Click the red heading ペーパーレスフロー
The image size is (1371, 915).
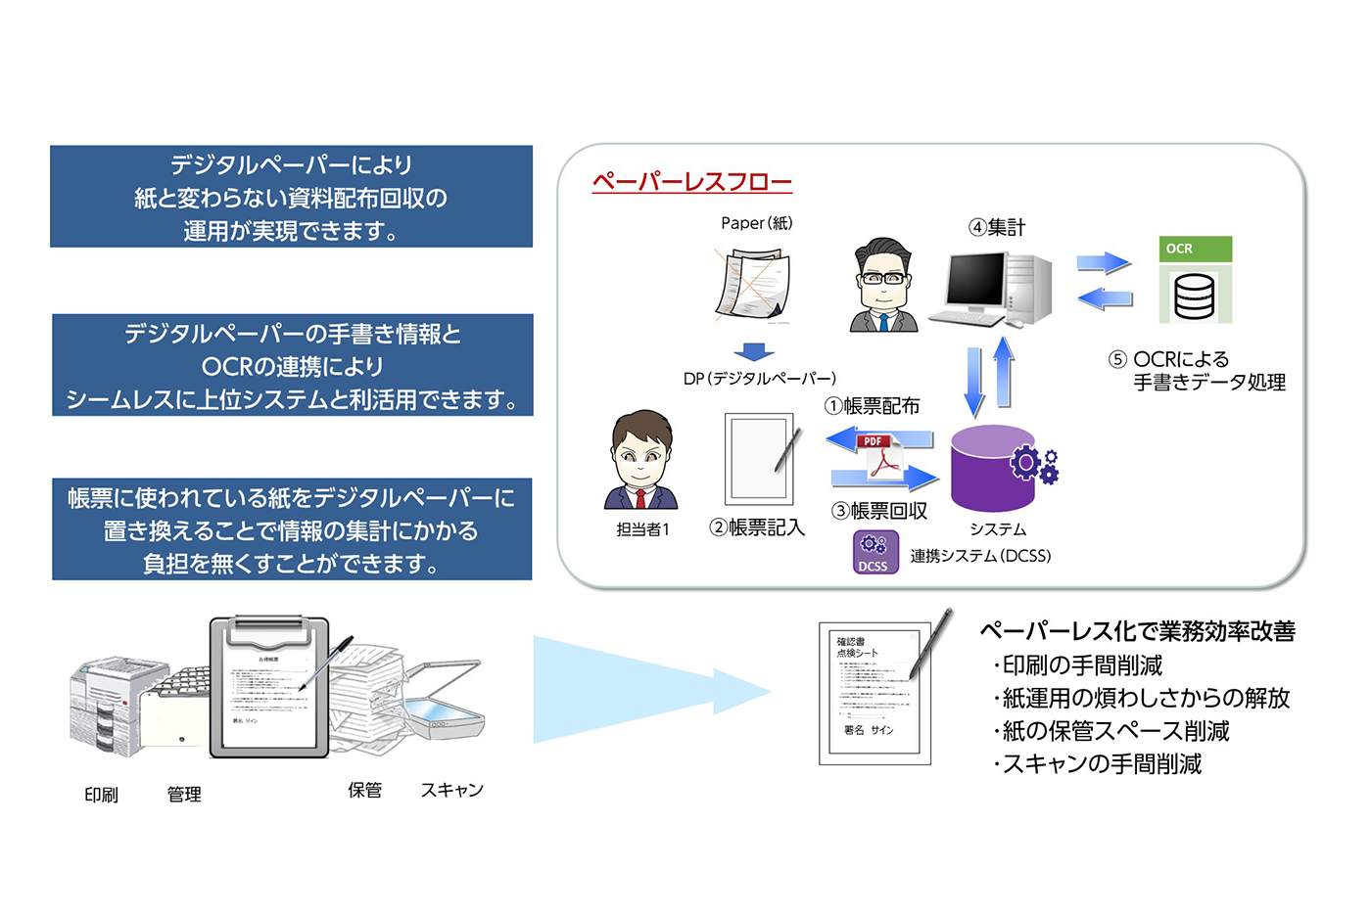tap(691, 182)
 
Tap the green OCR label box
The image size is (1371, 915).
tap(1195, 249)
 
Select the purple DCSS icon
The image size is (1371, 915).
tap(875, 552)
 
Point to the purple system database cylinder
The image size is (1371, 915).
tap(993, 469)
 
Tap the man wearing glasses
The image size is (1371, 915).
tap(882, 286)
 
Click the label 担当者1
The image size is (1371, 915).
tap(642, 529)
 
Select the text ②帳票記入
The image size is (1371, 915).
tap(756, 528)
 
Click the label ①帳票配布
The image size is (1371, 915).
tap(872, 406)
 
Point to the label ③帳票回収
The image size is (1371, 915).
tap(878, 511)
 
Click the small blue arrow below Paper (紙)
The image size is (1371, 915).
tap(753, 351)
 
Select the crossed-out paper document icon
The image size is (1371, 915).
tap(752, 285)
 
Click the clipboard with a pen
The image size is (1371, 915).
tap(269, 687)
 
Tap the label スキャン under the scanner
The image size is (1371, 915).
tap(451, 790)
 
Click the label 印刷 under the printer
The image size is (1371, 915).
tap(101, 795)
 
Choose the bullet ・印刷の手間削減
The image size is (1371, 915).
tap(1077, 665)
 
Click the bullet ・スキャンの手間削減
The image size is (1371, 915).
tap(1097, 764)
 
